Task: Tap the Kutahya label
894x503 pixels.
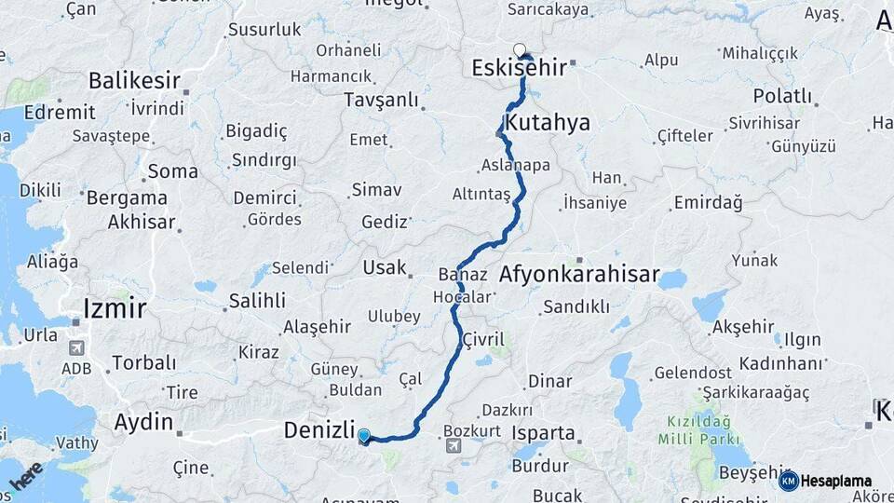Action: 547,122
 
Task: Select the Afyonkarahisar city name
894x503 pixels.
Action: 579,276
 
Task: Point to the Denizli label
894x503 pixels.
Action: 319,430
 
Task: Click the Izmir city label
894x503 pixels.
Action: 115,307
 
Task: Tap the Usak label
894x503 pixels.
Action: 385,267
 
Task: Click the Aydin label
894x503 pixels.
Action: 143,422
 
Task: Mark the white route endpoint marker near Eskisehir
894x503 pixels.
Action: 520,50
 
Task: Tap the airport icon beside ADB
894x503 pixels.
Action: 75,348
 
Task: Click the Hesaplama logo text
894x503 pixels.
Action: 835,481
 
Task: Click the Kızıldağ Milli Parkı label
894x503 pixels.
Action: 698,429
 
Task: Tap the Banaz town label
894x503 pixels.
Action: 458,275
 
